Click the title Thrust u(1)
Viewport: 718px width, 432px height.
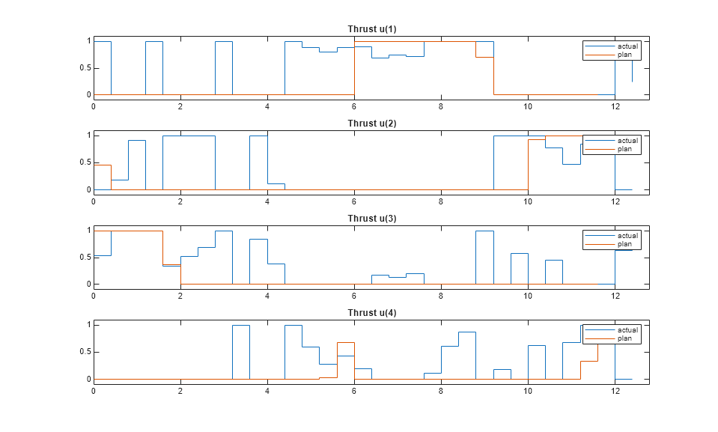click(371, 29)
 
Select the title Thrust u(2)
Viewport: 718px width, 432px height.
click(371, 124)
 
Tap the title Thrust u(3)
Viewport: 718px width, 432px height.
click(371, 219)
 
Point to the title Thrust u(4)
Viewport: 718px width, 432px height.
click(371, 313)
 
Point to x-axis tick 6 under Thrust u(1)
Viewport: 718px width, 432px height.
click(354, 106)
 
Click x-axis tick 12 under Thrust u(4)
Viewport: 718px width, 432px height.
click(615, 391)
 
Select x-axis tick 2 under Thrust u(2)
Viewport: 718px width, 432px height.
click(180, 201)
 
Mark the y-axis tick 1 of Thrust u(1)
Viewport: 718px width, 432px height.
click(88, 40)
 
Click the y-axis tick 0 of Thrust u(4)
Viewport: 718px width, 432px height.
click(88, 380)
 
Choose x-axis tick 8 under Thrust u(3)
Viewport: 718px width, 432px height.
click(441, 296)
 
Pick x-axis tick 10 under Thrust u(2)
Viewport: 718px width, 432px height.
click(528, 201)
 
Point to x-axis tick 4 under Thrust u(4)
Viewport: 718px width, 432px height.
click(267, 391)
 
